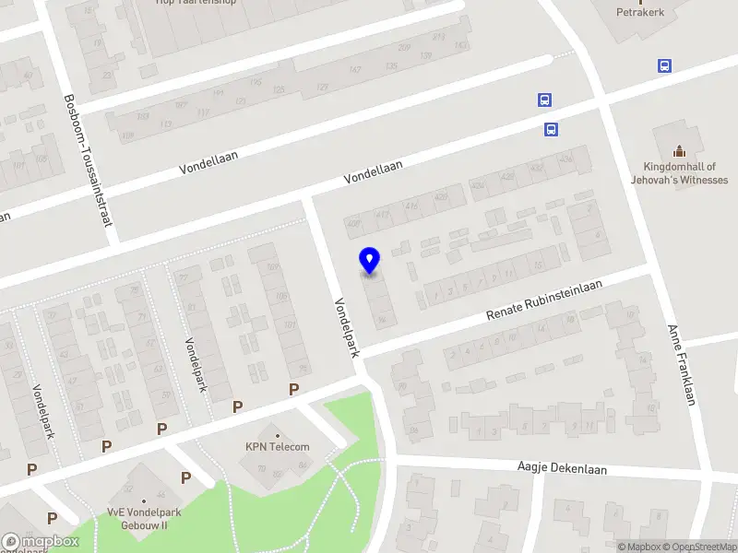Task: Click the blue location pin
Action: [x=370, y=261]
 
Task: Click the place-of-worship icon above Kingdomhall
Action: [x=680, y=151]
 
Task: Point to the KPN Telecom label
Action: [x=277, y=447]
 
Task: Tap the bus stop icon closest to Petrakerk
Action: [x=664, y=66]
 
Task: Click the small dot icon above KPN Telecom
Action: [x=277, y=433]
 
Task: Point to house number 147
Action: [x=355, y=69]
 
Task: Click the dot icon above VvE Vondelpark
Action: [x=143, y=501]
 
